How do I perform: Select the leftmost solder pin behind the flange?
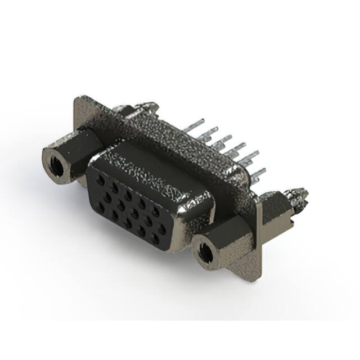[x=194, y=127]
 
